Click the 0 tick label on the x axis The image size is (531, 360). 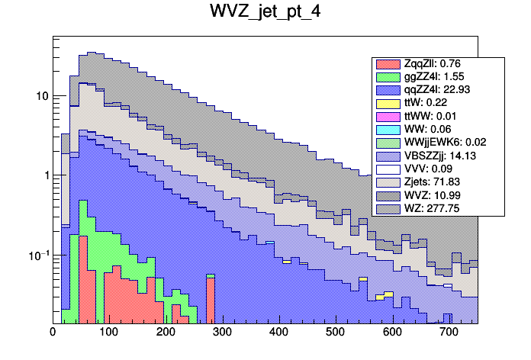click(53, 332)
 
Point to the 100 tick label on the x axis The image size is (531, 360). click(108, 332)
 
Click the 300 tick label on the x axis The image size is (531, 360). click(221, 332)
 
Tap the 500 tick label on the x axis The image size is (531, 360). click(335, 332)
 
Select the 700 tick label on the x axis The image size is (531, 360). click(448, 332)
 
